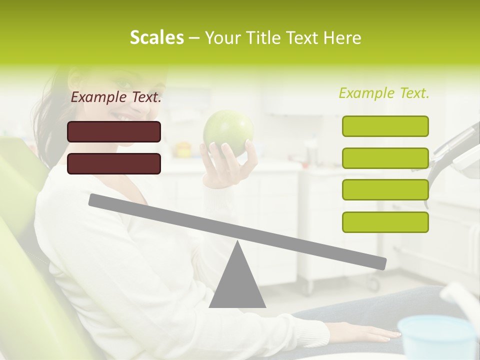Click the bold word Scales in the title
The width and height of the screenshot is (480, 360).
pyautogui.click(x=156, y=37)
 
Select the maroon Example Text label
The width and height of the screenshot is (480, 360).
pyautogui.click(x=116, y=97)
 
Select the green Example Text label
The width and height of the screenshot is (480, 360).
pyautogui.click(x=384, y=93)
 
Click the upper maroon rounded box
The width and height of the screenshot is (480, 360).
pyautogui.click(x=114, y=131)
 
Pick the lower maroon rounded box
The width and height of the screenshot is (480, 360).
pyautogui.click(x=114, y=163)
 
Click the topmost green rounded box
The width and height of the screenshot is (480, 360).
pyautogui.click(x=385, y=126)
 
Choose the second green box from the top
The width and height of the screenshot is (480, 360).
pyautogui.click(x=385, y=158)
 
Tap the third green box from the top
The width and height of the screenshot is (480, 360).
pyautogui.click(x=385, y=190)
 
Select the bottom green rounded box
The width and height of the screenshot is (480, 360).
pyautogui.click(x=385, y=222)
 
